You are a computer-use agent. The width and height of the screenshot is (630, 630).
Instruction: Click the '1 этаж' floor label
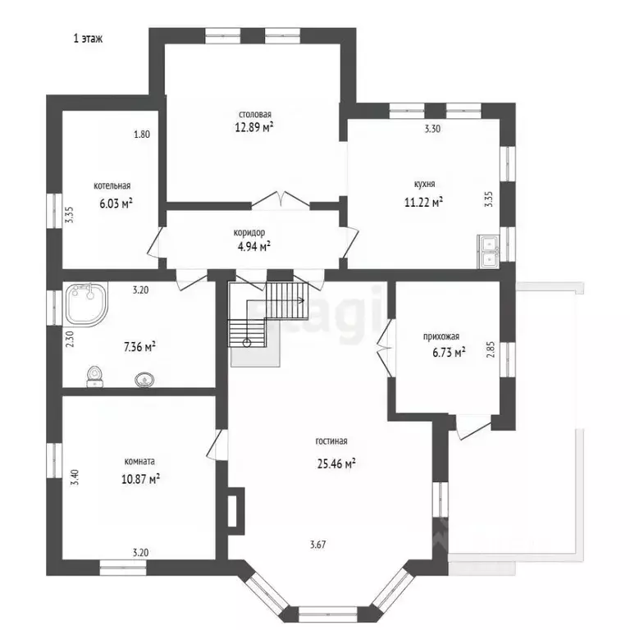[x=88, y=39]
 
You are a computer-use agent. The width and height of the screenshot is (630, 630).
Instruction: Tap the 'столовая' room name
[x=255, y=115]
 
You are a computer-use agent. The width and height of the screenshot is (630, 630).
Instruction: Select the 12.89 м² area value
[x=254, y=127]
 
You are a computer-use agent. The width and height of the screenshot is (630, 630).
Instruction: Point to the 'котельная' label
[x=112, y=185]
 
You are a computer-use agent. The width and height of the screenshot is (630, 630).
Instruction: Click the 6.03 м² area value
[x=116, y=203]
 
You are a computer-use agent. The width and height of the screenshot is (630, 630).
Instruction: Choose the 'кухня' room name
[x=424, y=185]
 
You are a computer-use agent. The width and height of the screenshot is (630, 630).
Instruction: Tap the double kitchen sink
[x=489, y=252]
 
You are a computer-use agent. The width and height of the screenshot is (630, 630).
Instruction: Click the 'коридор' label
[x=249, y=233]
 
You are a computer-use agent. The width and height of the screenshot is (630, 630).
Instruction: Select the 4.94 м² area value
[x=254, y=246]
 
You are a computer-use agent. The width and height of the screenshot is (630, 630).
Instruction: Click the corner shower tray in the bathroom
[x=86, y=304]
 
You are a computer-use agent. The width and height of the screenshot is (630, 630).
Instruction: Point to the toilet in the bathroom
[x=95, y=377]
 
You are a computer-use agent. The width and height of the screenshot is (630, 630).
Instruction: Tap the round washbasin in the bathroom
[x=144, y=380]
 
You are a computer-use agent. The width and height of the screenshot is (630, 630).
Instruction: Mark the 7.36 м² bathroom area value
[x=139, y=346]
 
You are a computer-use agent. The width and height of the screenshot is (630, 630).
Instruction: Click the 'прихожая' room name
[x=441, y=336]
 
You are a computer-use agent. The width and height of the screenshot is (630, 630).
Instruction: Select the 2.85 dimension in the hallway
[x=491, y=349]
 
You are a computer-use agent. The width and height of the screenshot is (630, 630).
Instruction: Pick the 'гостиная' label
[x=331, y=441]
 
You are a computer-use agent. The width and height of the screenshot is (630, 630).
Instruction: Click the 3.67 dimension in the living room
[x=317, y=545]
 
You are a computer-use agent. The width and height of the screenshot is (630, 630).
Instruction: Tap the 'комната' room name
[x=139, y=461]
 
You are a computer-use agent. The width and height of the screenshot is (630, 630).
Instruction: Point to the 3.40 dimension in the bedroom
[x=75, y=477]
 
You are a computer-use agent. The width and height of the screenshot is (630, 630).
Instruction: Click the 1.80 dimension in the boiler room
[x=142, y=135]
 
